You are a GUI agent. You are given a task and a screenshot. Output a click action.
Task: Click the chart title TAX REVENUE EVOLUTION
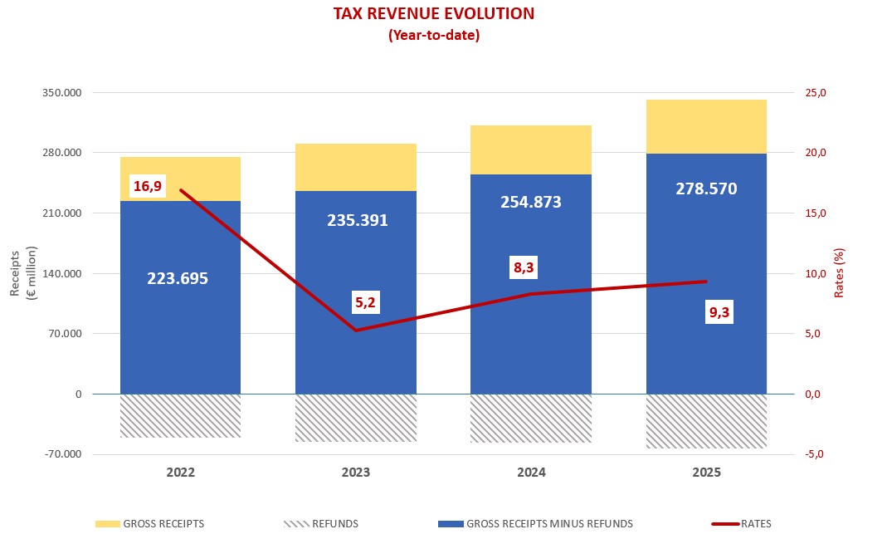click(x=433, y=14)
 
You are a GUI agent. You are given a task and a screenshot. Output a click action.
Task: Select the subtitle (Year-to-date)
click(x=433, y=36)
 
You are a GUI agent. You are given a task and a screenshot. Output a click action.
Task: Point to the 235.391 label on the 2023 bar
click(x=356, y=220)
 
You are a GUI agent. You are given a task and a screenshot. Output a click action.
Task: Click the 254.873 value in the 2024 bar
click(x=531, y=202)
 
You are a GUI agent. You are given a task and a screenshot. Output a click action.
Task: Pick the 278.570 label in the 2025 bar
click(x=706, y=189)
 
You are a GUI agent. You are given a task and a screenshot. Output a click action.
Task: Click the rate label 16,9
click(x=147, y=186)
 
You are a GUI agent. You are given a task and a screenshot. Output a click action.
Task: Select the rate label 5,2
click(x=366, y=302)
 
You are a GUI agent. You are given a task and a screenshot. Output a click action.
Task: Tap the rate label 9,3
click(x=721, y=312)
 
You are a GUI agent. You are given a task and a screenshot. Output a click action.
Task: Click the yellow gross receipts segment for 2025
click(x=706, y=126)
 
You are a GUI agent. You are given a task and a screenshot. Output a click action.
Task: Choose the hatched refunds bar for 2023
click(x=356, y=417)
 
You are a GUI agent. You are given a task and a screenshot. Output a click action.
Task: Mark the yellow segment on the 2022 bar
click(x=180, y=179)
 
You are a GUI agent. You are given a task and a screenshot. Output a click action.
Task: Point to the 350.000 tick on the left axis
click(x=61, y=93)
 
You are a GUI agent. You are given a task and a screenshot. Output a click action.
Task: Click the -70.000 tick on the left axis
click(x=61, y=454)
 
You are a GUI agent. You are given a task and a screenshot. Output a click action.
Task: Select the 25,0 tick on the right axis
click(x=816, y=93)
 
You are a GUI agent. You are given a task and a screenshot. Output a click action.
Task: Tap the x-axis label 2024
click(x=531, y=473)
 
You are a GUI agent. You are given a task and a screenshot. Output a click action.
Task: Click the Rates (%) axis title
click(x=839, y=274)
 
